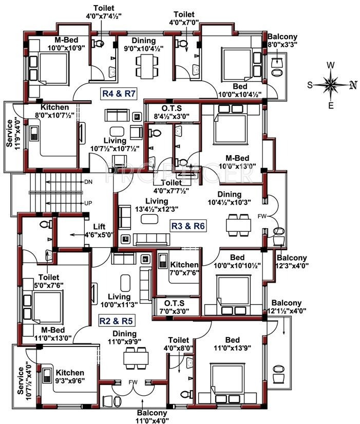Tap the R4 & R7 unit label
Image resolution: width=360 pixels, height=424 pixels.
pos(118,94)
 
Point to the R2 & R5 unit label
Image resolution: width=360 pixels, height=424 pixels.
pos(117,321)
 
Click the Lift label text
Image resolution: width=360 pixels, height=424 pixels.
pos(99,227)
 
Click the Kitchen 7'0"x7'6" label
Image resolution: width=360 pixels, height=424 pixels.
pos(184,268)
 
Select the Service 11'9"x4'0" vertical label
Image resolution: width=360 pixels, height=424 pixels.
pos(9,134)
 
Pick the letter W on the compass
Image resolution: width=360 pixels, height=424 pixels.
pos(331,65)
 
